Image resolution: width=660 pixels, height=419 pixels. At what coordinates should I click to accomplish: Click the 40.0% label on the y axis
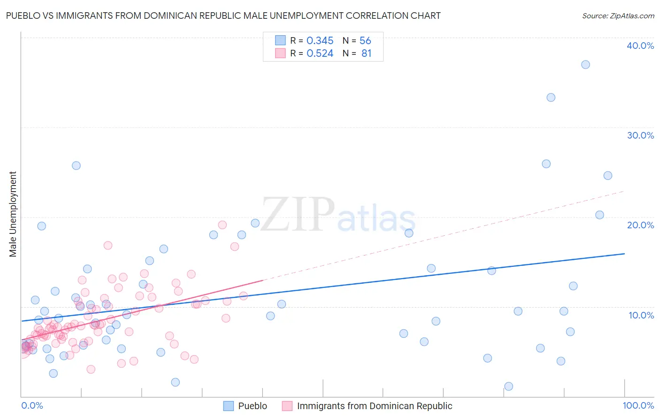[x=640, y=46]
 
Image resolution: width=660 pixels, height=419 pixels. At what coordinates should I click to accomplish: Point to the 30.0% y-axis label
[x=640, y=135]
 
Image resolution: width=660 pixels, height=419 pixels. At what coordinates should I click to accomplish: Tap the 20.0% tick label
[x=640, y=225]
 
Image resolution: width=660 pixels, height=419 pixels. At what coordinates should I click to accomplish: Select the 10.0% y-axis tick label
[x=641, y=315]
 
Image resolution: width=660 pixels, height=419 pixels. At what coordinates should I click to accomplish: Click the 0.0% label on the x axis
[x=32, y=405]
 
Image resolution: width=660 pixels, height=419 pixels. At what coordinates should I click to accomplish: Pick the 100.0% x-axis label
[x=638, y=405]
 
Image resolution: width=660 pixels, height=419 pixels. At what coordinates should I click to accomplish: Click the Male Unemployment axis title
[x=13, y=214]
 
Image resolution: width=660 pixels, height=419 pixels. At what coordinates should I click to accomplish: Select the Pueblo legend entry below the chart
[x=252, y=406]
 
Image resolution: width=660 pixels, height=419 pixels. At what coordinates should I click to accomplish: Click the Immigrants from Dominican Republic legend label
[x=374, y=406]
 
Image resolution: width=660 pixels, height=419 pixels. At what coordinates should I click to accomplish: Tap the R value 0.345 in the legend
[x=320, y=41]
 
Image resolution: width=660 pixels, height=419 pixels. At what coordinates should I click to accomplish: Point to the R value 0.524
[x=320, y=54]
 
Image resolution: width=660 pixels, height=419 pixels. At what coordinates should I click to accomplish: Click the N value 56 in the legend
[x=365, y=41]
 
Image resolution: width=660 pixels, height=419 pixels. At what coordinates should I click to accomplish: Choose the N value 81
[x=366, y=54]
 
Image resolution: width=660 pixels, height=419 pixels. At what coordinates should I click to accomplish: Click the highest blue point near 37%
[x=585, y=65]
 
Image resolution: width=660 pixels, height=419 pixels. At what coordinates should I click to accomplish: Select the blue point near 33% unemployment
[x=551, y=98]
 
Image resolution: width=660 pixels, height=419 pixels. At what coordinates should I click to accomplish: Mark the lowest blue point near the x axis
[x=508, y=387]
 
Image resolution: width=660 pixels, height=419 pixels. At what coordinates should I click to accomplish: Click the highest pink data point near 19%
[x=223, y=225]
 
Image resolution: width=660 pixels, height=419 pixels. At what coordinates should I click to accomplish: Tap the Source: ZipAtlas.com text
[x=618, y=16]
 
